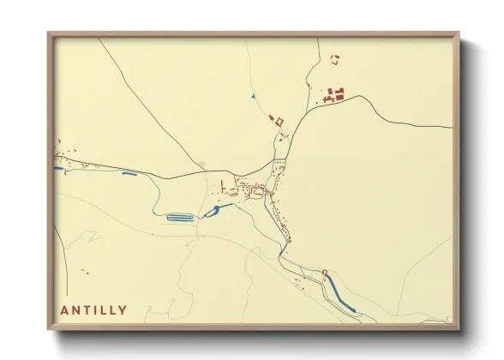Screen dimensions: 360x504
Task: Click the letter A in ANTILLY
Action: click(65, 310)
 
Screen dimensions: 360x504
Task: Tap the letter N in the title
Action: click(77, 310)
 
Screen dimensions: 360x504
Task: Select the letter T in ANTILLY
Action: click(88, 310)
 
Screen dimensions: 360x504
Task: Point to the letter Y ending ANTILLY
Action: click(123, 310)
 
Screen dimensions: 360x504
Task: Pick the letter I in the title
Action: click(97, 310)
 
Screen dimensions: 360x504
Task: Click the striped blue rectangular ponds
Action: click(179, 218)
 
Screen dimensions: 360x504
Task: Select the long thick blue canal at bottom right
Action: click(342, 296)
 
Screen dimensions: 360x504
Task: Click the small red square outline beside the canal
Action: click(325, 274)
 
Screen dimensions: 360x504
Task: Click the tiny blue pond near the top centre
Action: click(253, 96)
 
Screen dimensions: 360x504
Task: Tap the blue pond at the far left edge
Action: click(59, 169)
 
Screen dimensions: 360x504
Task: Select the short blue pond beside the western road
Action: click(130, 174)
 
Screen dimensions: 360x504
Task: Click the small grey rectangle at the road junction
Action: click(201, 164)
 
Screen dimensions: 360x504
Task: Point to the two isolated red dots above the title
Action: click(85, 272)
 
